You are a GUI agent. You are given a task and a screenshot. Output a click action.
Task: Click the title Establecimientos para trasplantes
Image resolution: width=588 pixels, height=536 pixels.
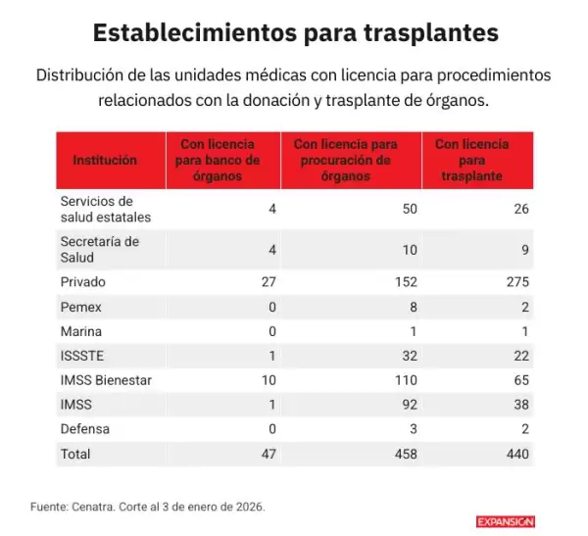(x=295, y=32)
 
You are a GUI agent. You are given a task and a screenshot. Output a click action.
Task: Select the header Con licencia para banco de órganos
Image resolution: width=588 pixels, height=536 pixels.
(x=223, y=160)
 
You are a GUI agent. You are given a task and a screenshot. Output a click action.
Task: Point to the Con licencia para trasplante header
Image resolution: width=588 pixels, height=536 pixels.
(x=472, y=160)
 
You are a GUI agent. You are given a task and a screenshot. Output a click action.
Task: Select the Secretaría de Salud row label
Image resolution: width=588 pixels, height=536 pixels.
(x=99, y=250)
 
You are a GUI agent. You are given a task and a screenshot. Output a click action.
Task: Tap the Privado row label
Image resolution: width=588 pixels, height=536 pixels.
(x=83, y=282)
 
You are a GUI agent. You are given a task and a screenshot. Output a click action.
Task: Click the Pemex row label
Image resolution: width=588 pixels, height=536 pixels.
(x=80, y=307)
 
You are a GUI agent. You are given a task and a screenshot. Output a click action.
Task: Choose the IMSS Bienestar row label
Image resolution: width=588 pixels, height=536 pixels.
(x=106, y=380)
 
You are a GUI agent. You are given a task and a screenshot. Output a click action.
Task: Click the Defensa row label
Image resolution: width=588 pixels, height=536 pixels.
(x=85, y=429)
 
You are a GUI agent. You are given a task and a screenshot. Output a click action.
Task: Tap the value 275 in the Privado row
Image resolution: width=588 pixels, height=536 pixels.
(x=516, y=282)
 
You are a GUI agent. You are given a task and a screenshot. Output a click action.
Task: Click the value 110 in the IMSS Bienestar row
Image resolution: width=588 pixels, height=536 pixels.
(x=405, y=380)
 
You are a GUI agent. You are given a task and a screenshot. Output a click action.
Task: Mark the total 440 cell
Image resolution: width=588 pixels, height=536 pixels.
(x=516, y=454)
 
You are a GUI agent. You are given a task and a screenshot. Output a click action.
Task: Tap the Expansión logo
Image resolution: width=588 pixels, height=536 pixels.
(x=506, y=521)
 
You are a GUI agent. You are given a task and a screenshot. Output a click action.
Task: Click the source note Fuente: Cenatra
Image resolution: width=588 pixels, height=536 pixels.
(x=147, y=507)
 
